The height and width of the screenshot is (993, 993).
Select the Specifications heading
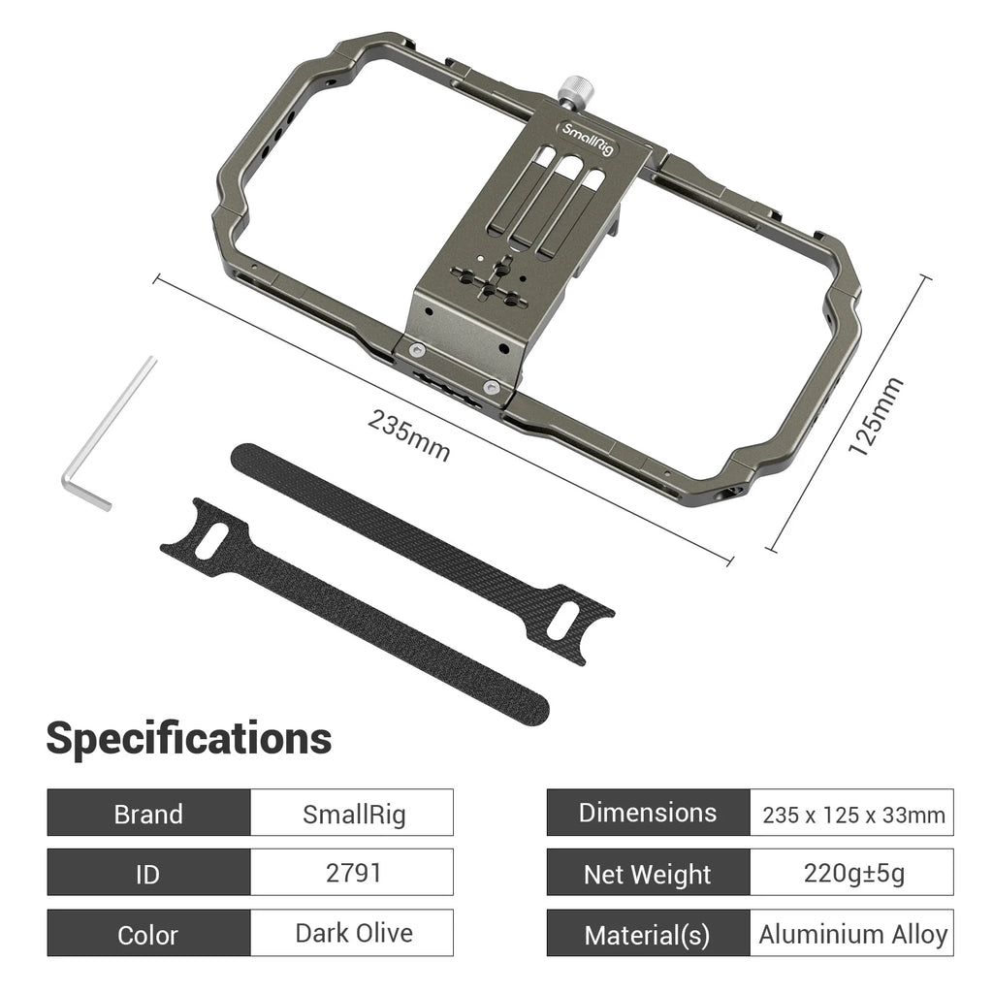click(189, 739)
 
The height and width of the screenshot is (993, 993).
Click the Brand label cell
click(148, 813)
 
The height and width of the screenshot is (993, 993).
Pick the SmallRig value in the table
click(353, 813)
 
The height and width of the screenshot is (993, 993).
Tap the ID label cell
click(148, 873)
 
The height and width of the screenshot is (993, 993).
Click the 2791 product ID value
click(353, 873)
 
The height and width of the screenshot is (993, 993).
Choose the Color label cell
click(148, 934)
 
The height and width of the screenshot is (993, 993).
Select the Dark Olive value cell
click(353, 933)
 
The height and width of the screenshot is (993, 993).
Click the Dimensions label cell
click(648, 813)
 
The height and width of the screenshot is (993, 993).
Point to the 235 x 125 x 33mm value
click(852, 814)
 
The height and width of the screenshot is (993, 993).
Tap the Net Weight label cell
click(648, 874)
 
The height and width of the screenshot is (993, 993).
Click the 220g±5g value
click(852, 873)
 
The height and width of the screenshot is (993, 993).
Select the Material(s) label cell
click(648, 934)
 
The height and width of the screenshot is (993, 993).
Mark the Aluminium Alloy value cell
click(852, 934)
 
